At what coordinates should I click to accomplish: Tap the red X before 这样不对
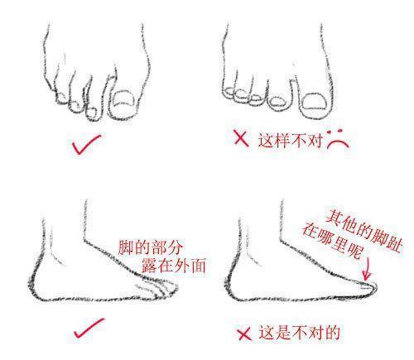click(242, 138)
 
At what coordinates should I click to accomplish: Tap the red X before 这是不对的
click(243, 334)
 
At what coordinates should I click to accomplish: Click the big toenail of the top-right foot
click(315, 102)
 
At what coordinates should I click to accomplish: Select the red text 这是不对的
click(298, 334)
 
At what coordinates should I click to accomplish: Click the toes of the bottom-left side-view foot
click(161, 288)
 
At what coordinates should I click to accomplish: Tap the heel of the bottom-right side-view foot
click(234, 277)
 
